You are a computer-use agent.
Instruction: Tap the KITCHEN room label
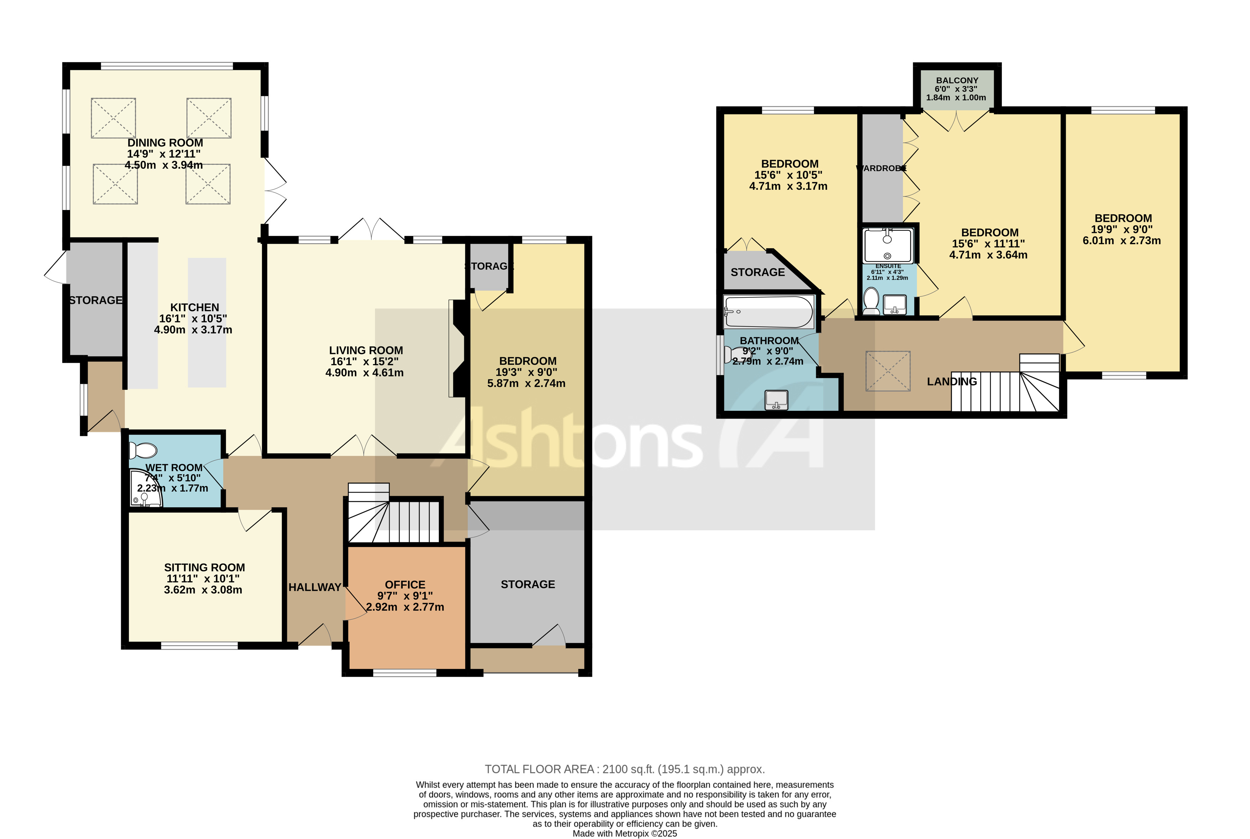pos(194,307)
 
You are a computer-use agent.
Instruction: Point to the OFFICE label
pos(405,585)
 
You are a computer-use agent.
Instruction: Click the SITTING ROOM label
pos(204,567)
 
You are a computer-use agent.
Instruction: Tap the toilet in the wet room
pos(143,451)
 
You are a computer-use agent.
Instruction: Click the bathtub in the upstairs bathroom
pos(768,311)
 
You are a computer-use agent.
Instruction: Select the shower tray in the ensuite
pos(888,246)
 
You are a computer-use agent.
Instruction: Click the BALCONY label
pos(957,80)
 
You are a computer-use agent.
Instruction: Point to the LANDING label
pos(952,382)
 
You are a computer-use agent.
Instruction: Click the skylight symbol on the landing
pos(888,371)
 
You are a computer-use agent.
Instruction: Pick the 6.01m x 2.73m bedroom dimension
pos(1122,241)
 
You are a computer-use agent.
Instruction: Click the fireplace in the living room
pos(457,348)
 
